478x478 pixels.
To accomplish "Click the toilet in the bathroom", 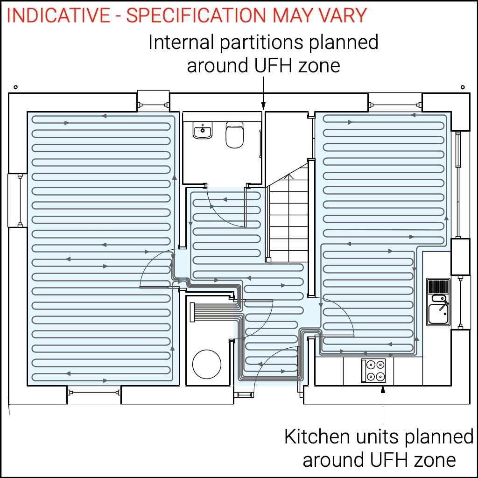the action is (234, 135).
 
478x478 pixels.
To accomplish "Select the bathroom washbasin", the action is (203, 131).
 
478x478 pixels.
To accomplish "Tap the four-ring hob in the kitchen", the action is (373, 370).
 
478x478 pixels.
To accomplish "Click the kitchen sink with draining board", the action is (438, 302).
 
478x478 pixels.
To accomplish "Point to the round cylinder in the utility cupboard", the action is (207, 364).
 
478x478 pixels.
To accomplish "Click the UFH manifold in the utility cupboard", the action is (192, 312).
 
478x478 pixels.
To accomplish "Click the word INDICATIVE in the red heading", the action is (58, 15).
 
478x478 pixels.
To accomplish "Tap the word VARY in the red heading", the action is (342, 15).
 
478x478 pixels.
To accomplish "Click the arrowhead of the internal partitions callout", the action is (264, 106).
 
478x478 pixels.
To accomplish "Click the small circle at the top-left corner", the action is (15, 87).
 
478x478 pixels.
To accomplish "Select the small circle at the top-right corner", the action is (463, 87).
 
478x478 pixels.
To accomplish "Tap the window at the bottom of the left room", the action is (94, 393).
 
